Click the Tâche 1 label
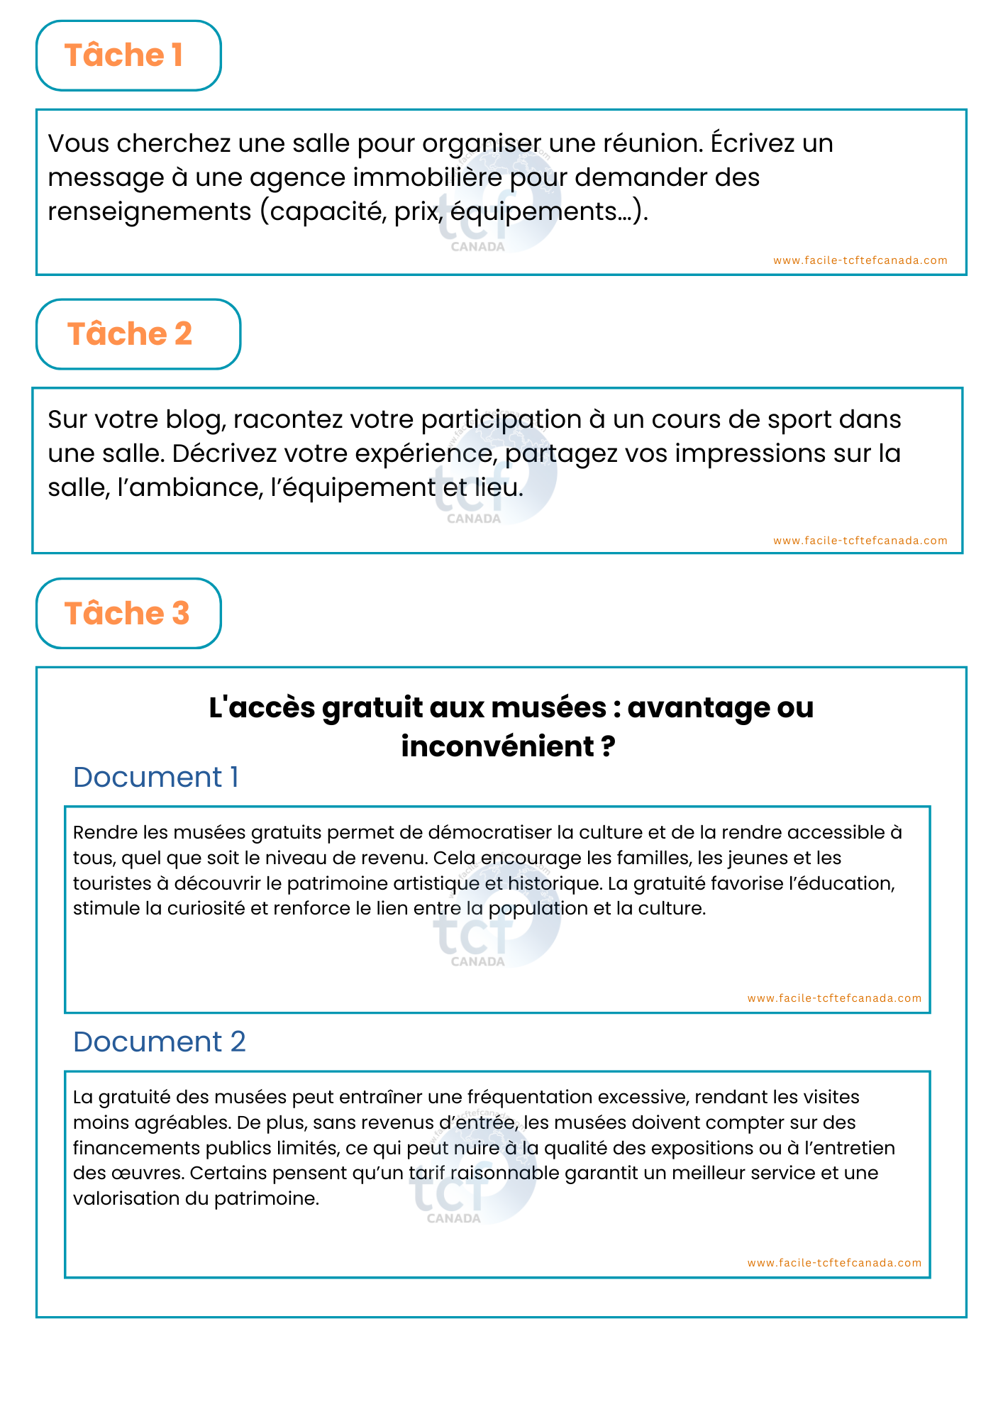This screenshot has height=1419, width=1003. [124, 55]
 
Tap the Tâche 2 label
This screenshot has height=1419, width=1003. [130, 334]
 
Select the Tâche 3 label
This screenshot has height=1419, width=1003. [127, 614]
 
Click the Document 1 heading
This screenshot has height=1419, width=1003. [155, 778]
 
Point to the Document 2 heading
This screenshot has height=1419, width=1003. [159, 1042]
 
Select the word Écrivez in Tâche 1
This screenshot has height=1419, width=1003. [753, 143]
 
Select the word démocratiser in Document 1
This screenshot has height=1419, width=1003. [490, 832]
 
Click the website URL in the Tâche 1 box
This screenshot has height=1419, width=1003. [860, 260]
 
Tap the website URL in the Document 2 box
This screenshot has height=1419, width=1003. [834, 1263]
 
